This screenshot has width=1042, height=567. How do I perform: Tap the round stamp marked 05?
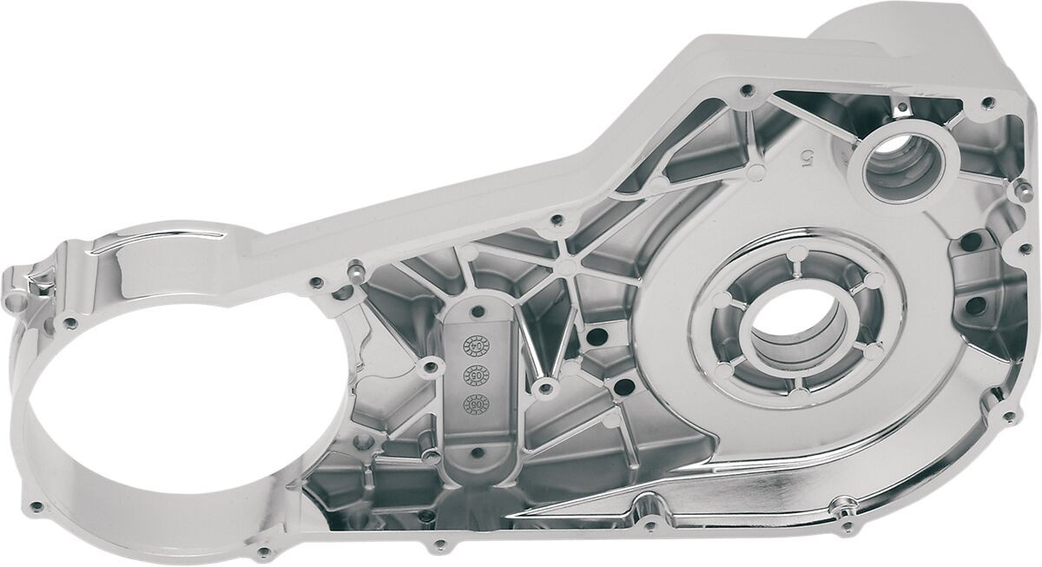tap(477, 373)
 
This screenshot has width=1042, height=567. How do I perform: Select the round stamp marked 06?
tap(476, 403)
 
